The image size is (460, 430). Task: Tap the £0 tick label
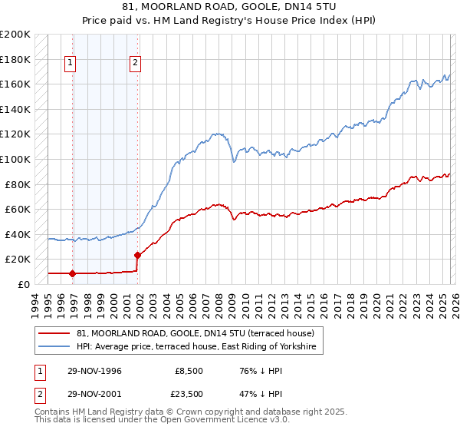23,284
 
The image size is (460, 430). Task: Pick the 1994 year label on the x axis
35,301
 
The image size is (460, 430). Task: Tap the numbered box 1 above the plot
70,64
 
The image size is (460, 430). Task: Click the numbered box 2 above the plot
135,64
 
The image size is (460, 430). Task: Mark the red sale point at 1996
73,273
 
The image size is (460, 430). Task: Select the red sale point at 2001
137,255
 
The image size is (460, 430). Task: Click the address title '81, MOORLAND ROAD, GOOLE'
230,7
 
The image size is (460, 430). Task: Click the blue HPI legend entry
199,347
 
